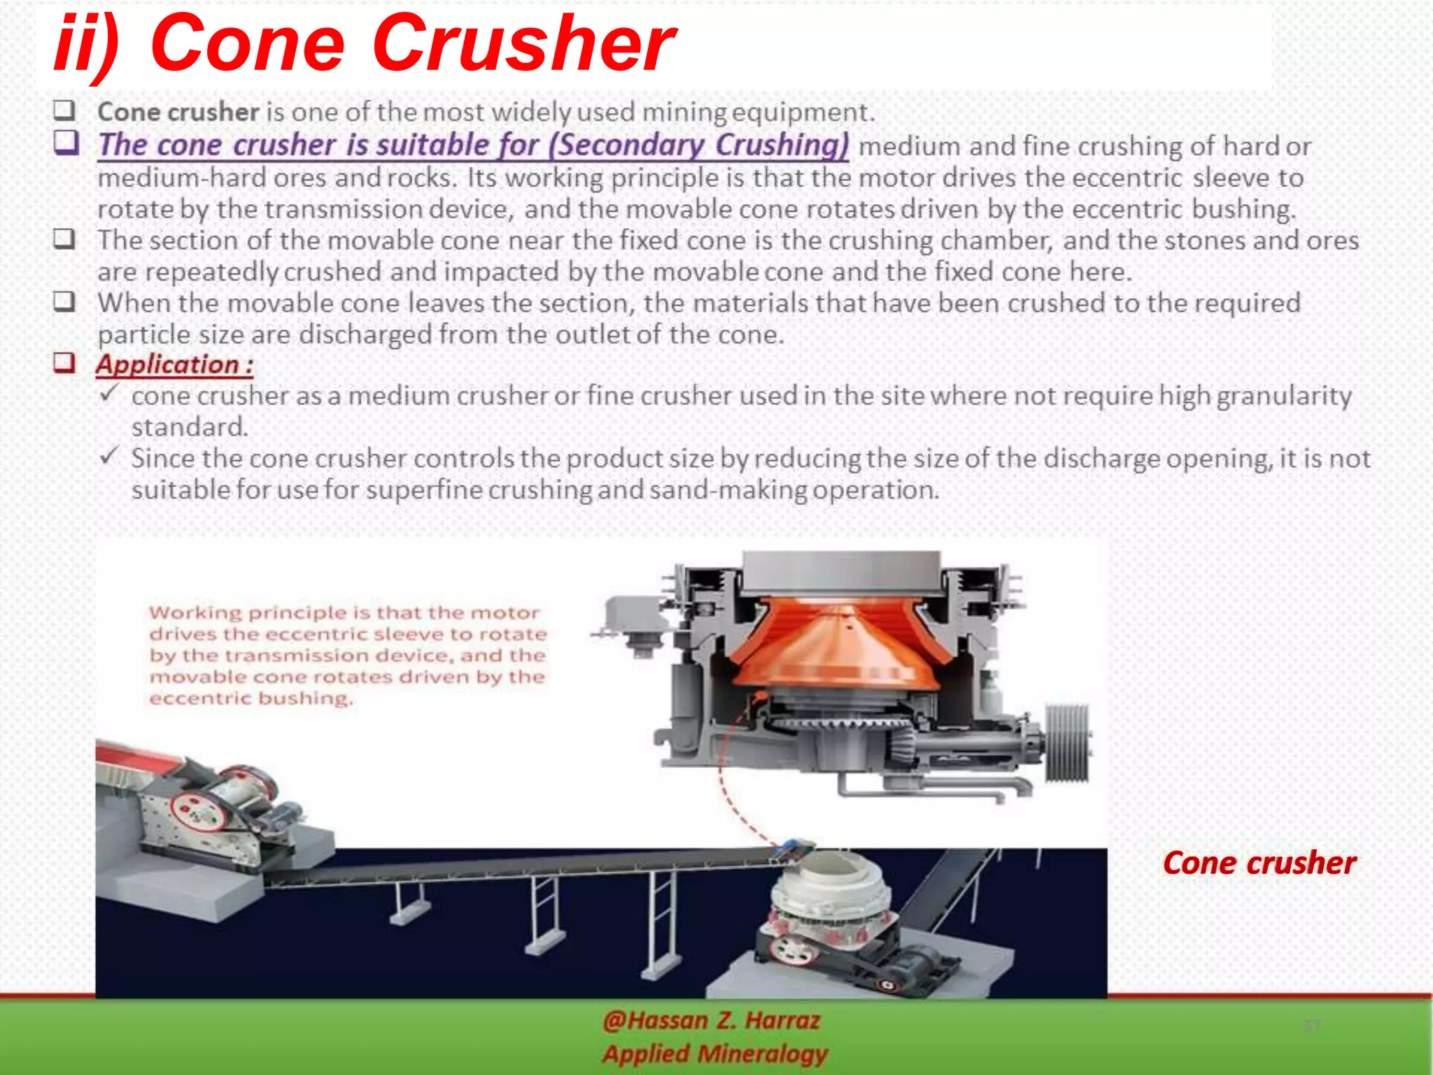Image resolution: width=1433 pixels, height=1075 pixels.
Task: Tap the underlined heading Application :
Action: click(x=175, y=365)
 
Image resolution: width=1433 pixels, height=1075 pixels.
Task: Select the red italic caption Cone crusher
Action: click(x=1259, y=863)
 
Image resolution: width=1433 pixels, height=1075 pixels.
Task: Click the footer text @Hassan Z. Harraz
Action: click(x=711, y=1020)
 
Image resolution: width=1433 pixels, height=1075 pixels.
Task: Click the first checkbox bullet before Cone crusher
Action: click(x=64, y=111)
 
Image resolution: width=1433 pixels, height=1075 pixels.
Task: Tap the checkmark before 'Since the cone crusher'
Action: click(x=109, y=456)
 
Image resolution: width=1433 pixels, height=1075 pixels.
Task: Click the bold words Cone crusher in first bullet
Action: click(x=178, y=112)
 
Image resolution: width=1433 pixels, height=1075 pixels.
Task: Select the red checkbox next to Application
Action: click(x=64, y=363)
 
